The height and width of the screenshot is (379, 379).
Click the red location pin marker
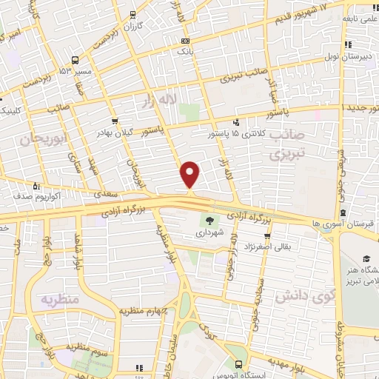[190, 174]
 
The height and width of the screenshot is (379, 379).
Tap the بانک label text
[184, 53]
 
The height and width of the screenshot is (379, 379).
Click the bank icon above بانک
[184, 41]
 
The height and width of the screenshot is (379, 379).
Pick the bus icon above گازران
[133, 14]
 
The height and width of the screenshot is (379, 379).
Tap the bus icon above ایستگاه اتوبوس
[238, 364]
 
